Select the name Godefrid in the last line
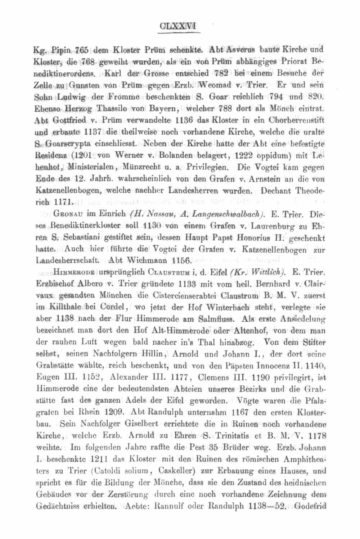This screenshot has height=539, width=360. (x=310, y=506)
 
